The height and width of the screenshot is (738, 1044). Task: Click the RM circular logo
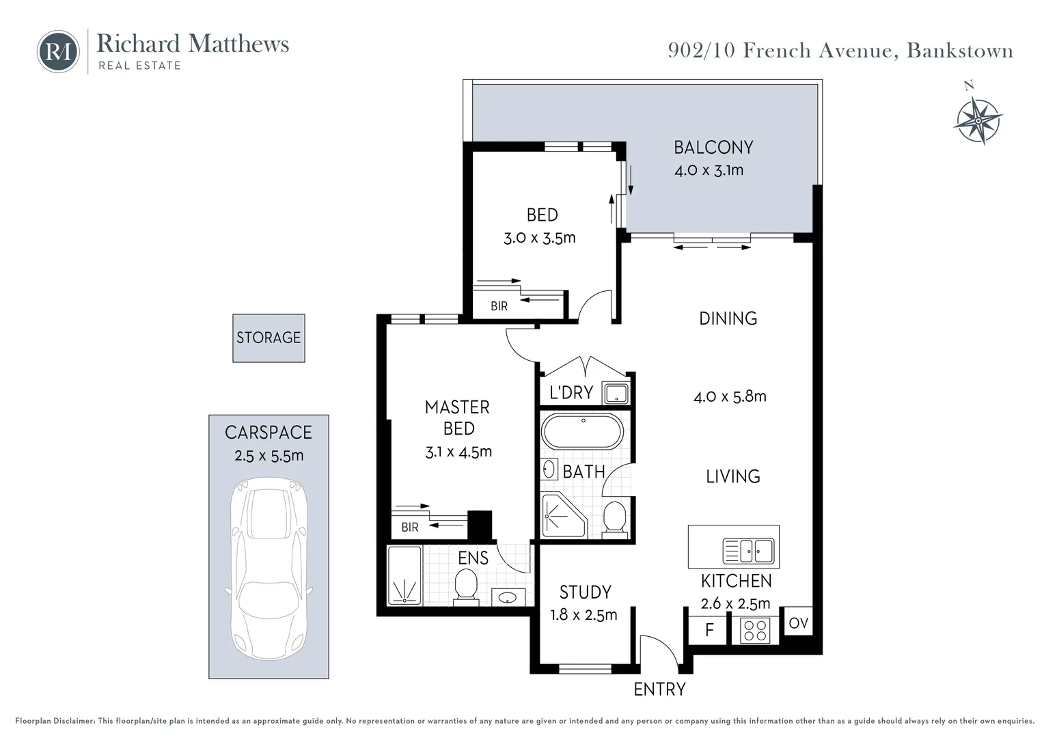(x=58, y=52)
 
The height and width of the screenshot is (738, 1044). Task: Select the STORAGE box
(x=269, y=338)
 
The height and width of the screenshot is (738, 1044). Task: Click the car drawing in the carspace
(x=269, y=569)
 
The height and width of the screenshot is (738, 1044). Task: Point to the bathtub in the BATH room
(x=583, y=432)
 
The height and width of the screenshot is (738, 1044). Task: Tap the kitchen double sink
(x=749, y=551)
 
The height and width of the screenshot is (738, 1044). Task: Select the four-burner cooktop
(x=755, y=630)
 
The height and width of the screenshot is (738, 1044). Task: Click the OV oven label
(x=799, y=623)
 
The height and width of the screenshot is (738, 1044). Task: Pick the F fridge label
(x=709, y=630)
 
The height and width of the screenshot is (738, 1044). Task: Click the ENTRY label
(x=659, y=689)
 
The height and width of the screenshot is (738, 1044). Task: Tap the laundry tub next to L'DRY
(x=616, y=393)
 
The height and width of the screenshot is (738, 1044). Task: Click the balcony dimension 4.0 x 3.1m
(x=709, y=170)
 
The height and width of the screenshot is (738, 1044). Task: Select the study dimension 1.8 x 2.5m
(x=583, y=615)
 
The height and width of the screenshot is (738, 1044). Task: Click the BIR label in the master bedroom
(x=410, y=528)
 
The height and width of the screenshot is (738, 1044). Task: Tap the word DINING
(x=728, y=318)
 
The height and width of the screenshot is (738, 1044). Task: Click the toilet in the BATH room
(x=615, y=517)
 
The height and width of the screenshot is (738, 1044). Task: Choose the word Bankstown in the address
(x=960, y=51)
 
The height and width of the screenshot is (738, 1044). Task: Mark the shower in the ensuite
(x=404, y=575)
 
